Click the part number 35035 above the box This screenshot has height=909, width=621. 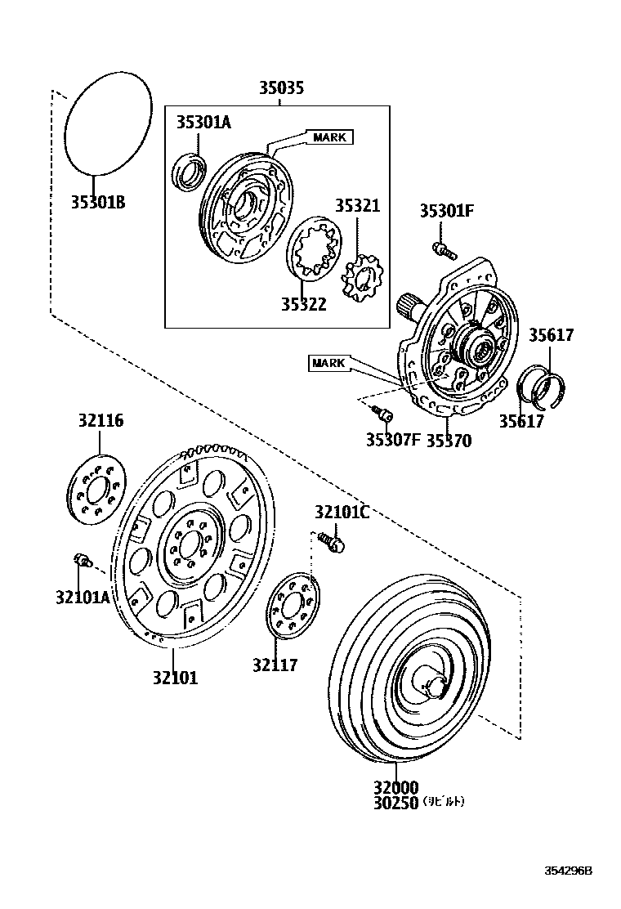pos(281,88)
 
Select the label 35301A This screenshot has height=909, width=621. pos(203,123)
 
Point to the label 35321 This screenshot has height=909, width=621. pos(357,205)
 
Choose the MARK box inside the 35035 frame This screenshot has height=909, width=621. pos(329,137)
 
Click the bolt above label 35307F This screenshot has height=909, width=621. pos(380,412)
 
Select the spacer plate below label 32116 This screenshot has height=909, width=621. pos(95,493)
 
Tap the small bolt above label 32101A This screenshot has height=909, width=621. pos(80,559)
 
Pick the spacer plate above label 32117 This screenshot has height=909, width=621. pos(292,607)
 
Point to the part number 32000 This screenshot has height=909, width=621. pos(396,787)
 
